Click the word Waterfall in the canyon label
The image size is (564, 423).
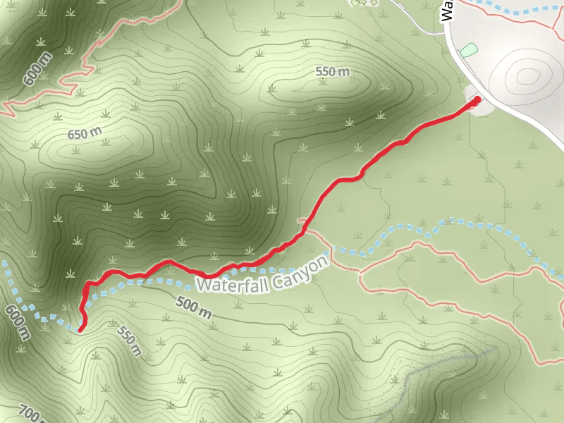click(x=228, y=283)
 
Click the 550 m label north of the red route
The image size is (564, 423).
click(x=333, y=72)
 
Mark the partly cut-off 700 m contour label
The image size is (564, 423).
click(x=32, y=413)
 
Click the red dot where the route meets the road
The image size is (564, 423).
click(x=476, y=100)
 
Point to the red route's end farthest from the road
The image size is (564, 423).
click(x=80, y=329)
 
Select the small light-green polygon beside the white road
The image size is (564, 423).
click(x=468, y=50)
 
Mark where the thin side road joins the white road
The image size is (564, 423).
click(x=445, y=32)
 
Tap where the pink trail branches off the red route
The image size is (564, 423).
click(x=303, y=224)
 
